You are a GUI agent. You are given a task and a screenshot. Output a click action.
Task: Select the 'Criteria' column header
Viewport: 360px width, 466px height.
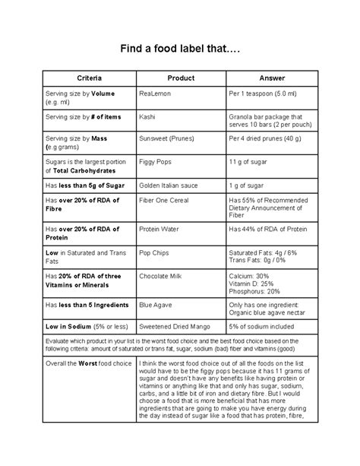tap(90, 78)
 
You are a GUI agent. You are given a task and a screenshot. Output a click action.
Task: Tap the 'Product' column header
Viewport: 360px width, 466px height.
tap(181, 78)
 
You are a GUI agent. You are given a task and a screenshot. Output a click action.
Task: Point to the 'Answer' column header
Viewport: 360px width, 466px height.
tap(271, 78)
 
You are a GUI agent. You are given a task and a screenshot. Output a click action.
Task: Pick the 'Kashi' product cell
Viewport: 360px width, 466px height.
tap(147, 117)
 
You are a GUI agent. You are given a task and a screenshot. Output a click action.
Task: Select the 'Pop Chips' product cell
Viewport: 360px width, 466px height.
tap(156, 253)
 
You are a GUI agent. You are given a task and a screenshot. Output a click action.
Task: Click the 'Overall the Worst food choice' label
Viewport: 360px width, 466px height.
tap(87, 364)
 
